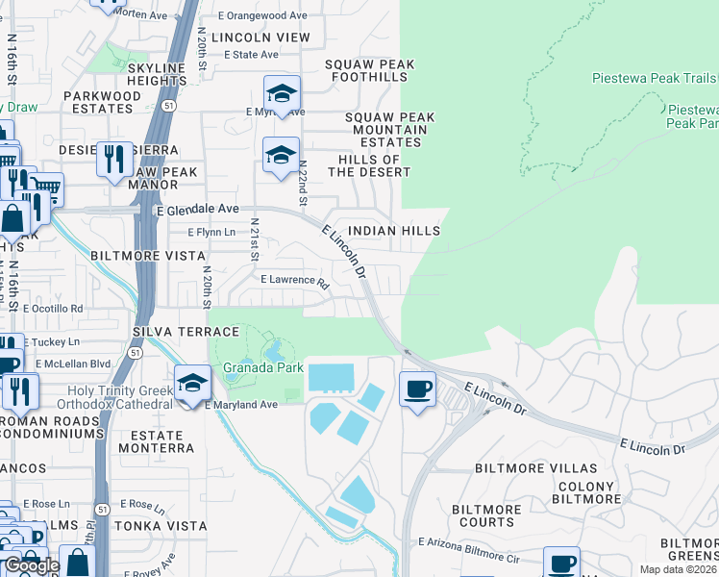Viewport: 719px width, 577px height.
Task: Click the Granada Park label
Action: coord(263,368)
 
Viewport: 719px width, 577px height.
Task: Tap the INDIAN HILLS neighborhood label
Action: coord(394,231)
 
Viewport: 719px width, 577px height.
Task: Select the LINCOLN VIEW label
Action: coord(261,38)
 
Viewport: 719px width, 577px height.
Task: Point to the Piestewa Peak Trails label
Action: coord(654,78)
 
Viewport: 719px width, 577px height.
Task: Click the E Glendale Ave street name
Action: coord(196,209)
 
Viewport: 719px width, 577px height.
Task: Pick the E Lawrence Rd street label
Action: coord(295,281)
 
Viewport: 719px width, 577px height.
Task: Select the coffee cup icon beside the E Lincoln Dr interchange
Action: coord(417,389)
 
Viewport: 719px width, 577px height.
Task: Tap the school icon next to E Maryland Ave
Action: coord(193,385)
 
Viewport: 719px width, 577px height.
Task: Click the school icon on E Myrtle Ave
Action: coord(282,94)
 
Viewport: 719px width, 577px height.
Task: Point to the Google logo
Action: coord(32,565)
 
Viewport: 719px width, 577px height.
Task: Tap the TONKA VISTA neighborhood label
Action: coord(161,526)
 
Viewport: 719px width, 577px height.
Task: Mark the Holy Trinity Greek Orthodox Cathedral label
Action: coord(120,397)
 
